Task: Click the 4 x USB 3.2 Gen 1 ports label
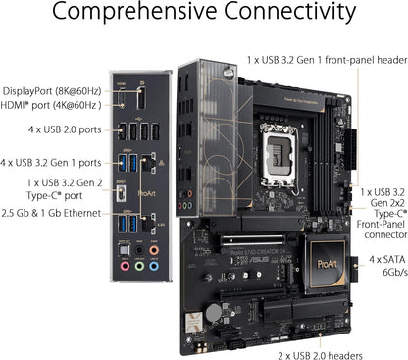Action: point(50,162)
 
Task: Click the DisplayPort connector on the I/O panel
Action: point(140,100)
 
